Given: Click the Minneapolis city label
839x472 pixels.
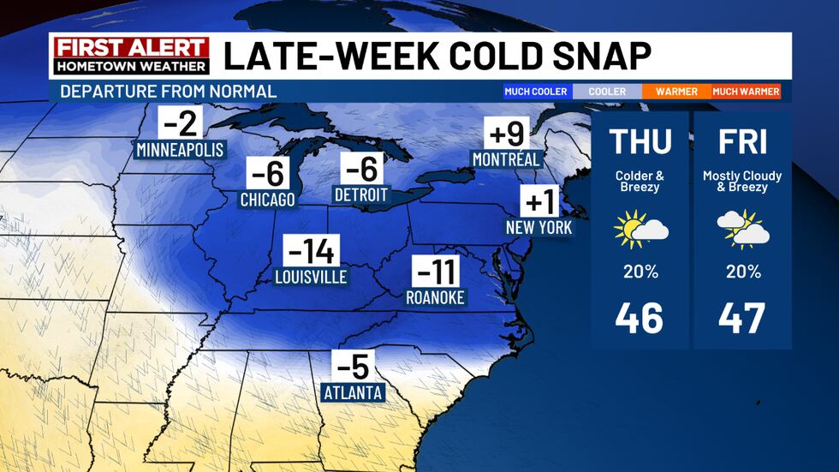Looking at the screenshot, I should click(180, 150).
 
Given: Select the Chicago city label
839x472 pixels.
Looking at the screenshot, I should click(268, 200).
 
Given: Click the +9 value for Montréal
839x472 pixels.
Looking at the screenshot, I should click(505, 134).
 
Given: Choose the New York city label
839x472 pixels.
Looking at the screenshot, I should click(539, 229).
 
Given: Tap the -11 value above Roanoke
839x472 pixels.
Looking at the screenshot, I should click(436, 273).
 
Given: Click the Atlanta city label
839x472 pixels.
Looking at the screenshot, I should click(353, 393).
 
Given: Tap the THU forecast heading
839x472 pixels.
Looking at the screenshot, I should click(640, 142).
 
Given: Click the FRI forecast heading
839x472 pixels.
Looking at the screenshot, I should click(741, 142).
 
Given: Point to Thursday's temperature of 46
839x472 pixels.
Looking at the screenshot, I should click(640, 318).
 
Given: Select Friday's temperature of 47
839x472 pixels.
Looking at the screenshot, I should click(741, 318).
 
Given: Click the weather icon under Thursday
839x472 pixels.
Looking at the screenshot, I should click(640, 230).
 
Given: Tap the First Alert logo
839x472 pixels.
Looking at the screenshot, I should click(130, 55).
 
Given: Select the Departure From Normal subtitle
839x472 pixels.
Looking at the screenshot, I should click(168, 92).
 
